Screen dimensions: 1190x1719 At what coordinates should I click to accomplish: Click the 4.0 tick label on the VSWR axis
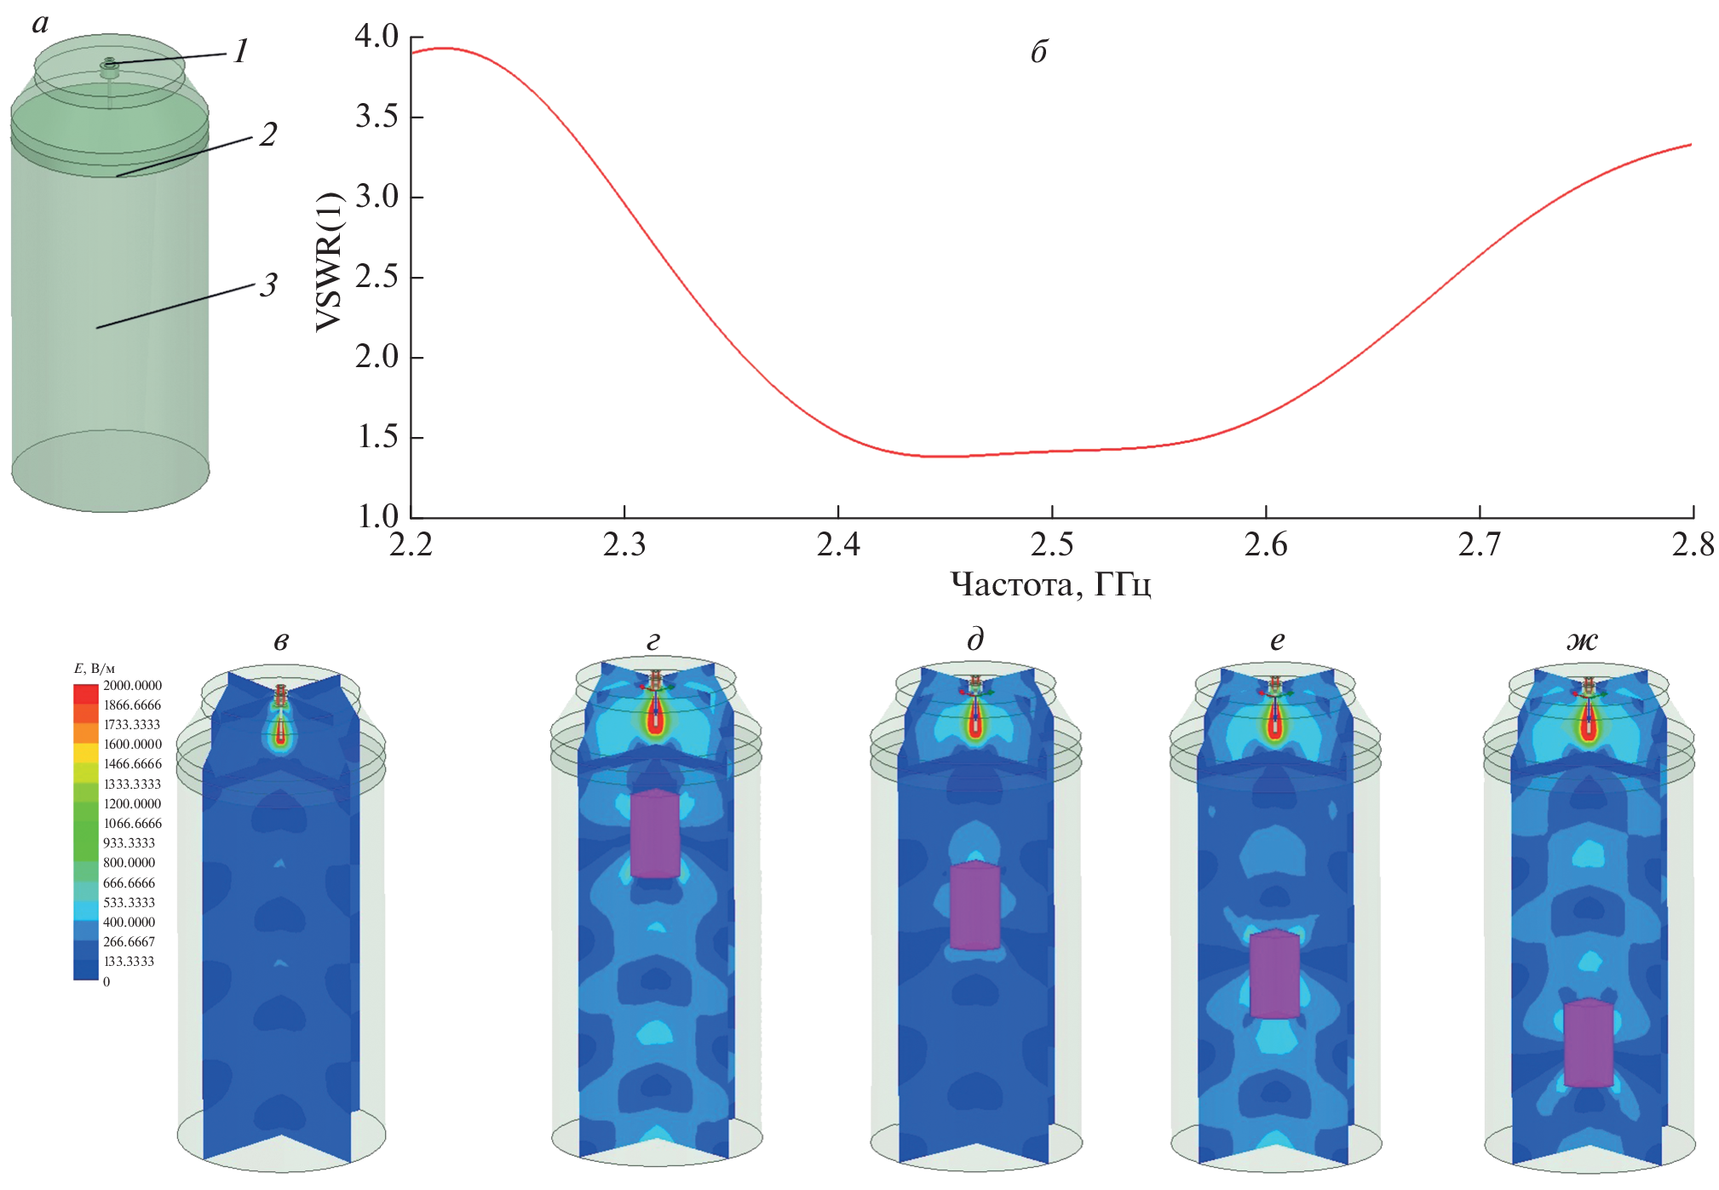click(376, 37)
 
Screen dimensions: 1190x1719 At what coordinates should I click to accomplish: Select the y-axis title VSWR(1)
click(329, 261)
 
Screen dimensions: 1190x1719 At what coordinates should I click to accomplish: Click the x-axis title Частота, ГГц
click(1050, 585)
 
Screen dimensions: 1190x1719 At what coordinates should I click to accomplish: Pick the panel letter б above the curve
click(1038, 53)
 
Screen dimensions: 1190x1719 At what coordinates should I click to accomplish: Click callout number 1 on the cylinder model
click(241, 52)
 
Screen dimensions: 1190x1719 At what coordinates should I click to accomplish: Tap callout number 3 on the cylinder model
click(268, 285)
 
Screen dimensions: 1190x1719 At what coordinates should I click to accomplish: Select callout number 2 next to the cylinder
click(268, 135)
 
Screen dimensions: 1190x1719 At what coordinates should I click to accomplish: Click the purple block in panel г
click(655, 834)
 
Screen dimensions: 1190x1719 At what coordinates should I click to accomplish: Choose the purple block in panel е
click(1274, 974)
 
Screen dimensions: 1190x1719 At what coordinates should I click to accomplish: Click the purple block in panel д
click(974, 905)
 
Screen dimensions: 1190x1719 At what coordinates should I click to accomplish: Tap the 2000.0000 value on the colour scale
click(132, 686)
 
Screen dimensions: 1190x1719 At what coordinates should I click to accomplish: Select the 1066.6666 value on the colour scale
click(132, 824)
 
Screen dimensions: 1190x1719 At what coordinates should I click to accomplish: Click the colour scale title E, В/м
click(95, 669)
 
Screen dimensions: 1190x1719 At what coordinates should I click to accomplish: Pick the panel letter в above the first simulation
click(281, 641)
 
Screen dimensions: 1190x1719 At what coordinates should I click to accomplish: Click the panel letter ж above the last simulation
click(1582, 641)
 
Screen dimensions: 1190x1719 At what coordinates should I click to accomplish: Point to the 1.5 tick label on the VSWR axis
click(376, 437)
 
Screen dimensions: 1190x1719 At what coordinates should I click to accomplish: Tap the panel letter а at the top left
click(40, 24)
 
